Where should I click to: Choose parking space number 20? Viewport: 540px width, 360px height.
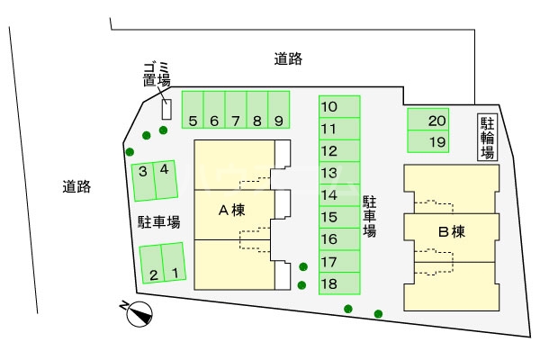[436, 121]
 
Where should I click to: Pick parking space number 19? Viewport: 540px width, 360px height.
[437, 142]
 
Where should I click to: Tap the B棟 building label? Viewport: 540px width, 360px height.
[450, 231]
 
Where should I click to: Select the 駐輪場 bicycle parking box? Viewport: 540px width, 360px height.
[487, 139]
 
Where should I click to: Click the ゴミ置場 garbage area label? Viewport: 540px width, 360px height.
[156, 74]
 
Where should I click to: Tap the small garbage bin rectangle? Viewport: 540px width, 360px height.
[166, 109]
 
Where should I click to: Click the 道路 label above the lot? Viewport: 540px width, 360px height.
[288, 59]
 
